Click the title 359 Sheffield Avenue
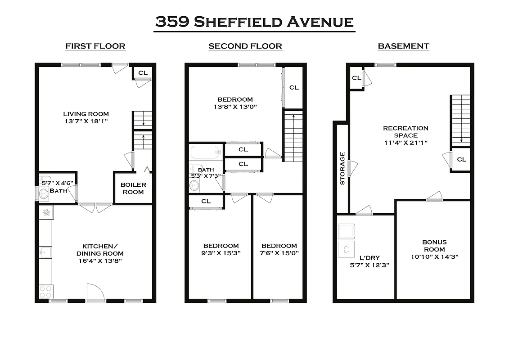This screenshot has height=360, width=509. (254, 22)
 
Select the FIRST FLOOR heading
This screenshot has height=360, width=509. (95, 46)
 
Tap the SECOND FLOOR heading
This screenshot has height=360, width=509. (245, 46)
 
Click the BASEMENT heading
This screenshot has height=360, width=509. (403, 46)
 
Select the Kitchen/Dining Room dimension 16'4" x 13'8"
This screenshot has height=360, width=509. (100, 261)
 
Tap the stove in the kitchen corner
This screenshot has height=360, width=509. (46, 292)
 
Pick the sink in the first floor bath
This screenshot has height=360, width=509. (44, 194)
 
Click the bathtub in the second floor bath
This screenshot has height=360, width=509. (206, 152)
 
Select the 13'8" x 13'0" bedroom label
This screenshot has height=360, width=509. (234, 107)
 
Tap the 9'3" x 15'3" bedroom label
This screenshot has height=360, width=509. (221, 253)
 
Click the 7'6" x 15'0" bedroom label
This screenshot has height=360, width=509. (279, 253)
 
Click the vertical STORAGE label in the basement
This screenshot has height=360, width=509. (342, 168)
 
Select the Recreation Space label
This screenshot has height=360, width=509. (405, 132)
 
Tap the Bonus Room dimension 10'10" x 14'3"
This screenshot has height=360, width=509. (434, 256)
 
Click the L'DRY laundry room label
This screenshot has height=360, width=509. (369, 258)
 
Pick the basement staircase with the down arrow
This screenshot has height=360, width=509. (461, 120)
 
